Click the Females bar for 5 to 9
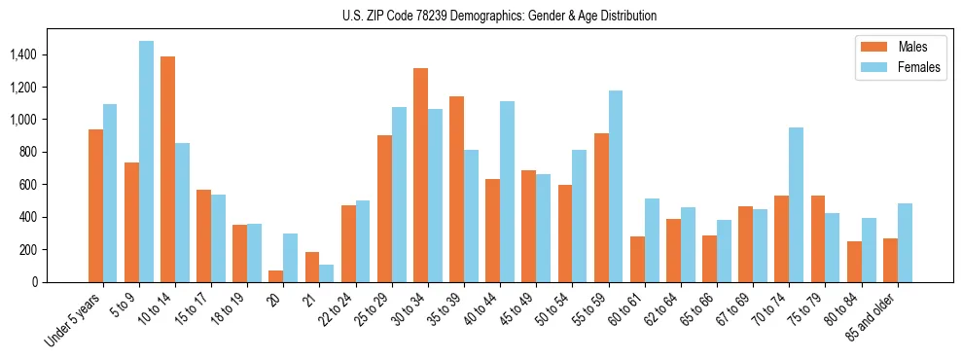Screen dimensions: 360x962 coord(146,162)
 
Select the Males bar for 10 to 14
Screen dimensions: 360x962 coord(168,169)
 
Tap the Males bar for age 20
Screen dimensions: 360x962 coord(276,276)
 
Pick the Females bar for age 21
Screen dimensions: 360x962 coord(327,273)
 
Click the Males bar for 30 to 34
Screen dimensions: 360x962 coord(420,175)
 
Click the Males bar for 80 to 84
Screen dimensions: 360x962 coord(854,262)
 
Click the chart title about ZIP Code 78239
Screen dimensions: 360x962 coord(500,16)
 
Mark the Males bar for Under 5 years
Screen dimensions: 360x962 coord(95,205)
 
